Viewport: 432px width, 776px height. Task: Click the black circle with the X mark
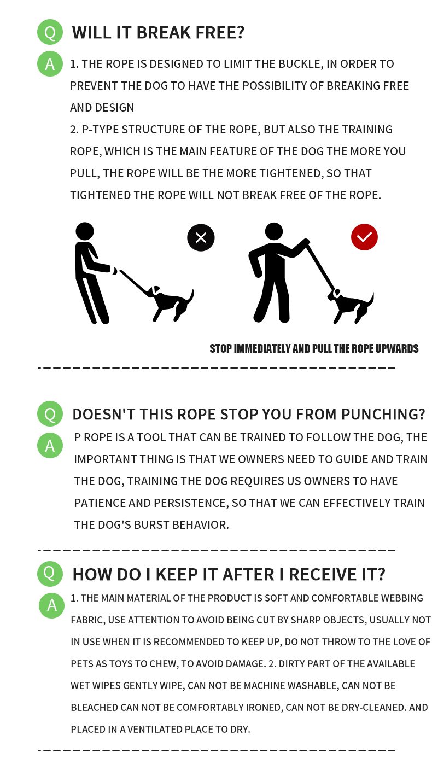tap(201, 238)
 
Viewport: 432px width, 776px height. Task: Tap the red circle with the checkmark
tap(364, 237)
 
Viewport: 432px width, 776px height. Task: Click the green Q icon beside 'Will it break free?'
tap(50, 32)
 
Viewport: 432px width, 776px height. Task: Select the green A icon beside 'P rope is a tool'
tap(50, 445)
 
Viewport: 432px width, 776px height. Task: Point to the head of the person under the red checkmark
tap(273, 231)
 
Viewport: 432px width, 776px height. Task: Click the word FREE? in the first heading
tap(220, 33)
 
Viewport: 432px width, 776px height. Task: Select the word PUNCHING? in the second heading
tap(383, 415)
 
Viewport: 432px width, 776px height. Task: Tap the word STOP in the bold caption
tap(220, 348)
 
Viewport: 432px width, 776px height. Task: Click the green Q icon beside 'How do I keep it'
tap(50, 574)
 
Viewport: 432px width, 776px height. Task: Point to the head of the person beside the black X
tap(85, 231)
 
